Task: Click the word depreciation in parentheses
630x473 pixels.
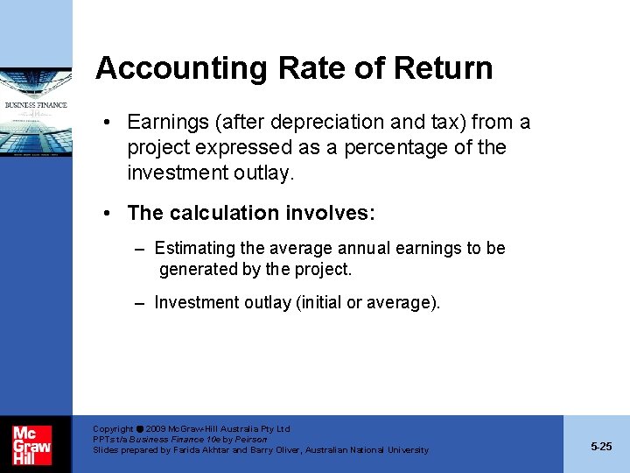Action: point(304,122)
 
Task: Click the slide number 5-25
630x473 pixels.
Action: point(601,447)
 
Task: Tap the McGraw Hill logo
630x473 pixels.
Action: point(31,444)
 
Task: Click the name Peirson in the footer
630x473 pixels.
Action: point(250,440)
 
